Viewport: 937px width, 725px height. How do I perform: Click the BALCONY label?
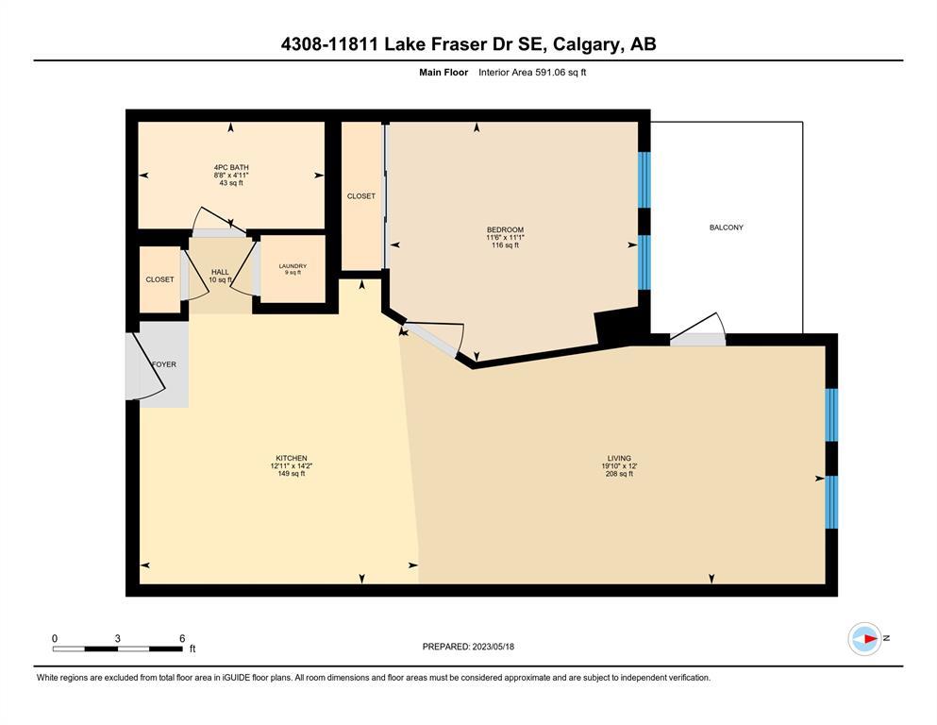coord(726,228)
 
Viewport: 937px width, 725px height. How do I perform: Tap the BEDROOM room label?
coord(505,229)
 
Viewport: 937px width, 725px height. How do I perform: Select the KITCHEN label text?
coord(291,459)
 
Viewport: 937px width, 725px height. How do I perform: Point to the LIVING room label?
coord(619,459)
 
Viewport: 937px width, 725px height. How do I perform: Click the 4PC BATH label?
coord(231,167)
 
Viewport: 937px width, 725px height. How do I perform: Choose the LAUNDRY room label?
coord(293,266)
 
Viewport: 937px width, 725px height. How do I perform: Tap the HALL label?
coord(220,272)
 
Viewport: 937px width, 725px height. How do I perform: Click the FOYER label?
coord(164,364)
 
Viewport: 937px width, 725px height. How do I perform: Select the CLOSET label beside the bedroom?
coord(361,196)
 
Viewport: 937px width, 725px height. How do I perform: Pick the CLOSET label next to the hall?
coord(160,279)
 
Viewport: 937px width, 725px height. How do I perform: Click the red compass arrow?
coord(871,639)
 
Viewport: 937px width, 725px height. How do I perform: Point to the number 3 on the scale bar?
coord(118,638)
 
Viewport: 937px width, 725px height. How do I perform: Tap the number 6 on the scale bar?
coord(182,638)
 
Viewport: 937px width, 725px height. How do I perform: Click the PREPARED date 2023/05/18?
coord(493,647)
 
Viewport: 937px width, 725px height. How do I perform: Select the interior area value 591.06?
coord(548,73)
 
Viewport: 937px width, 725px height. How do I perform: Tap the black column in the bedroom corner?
coord(617,327)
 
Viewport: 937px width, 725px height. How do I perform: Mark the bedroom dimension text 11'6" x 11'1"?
coord(505,237)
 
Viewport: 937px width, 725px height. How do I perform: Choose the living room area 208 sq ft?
coord(619,474)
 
